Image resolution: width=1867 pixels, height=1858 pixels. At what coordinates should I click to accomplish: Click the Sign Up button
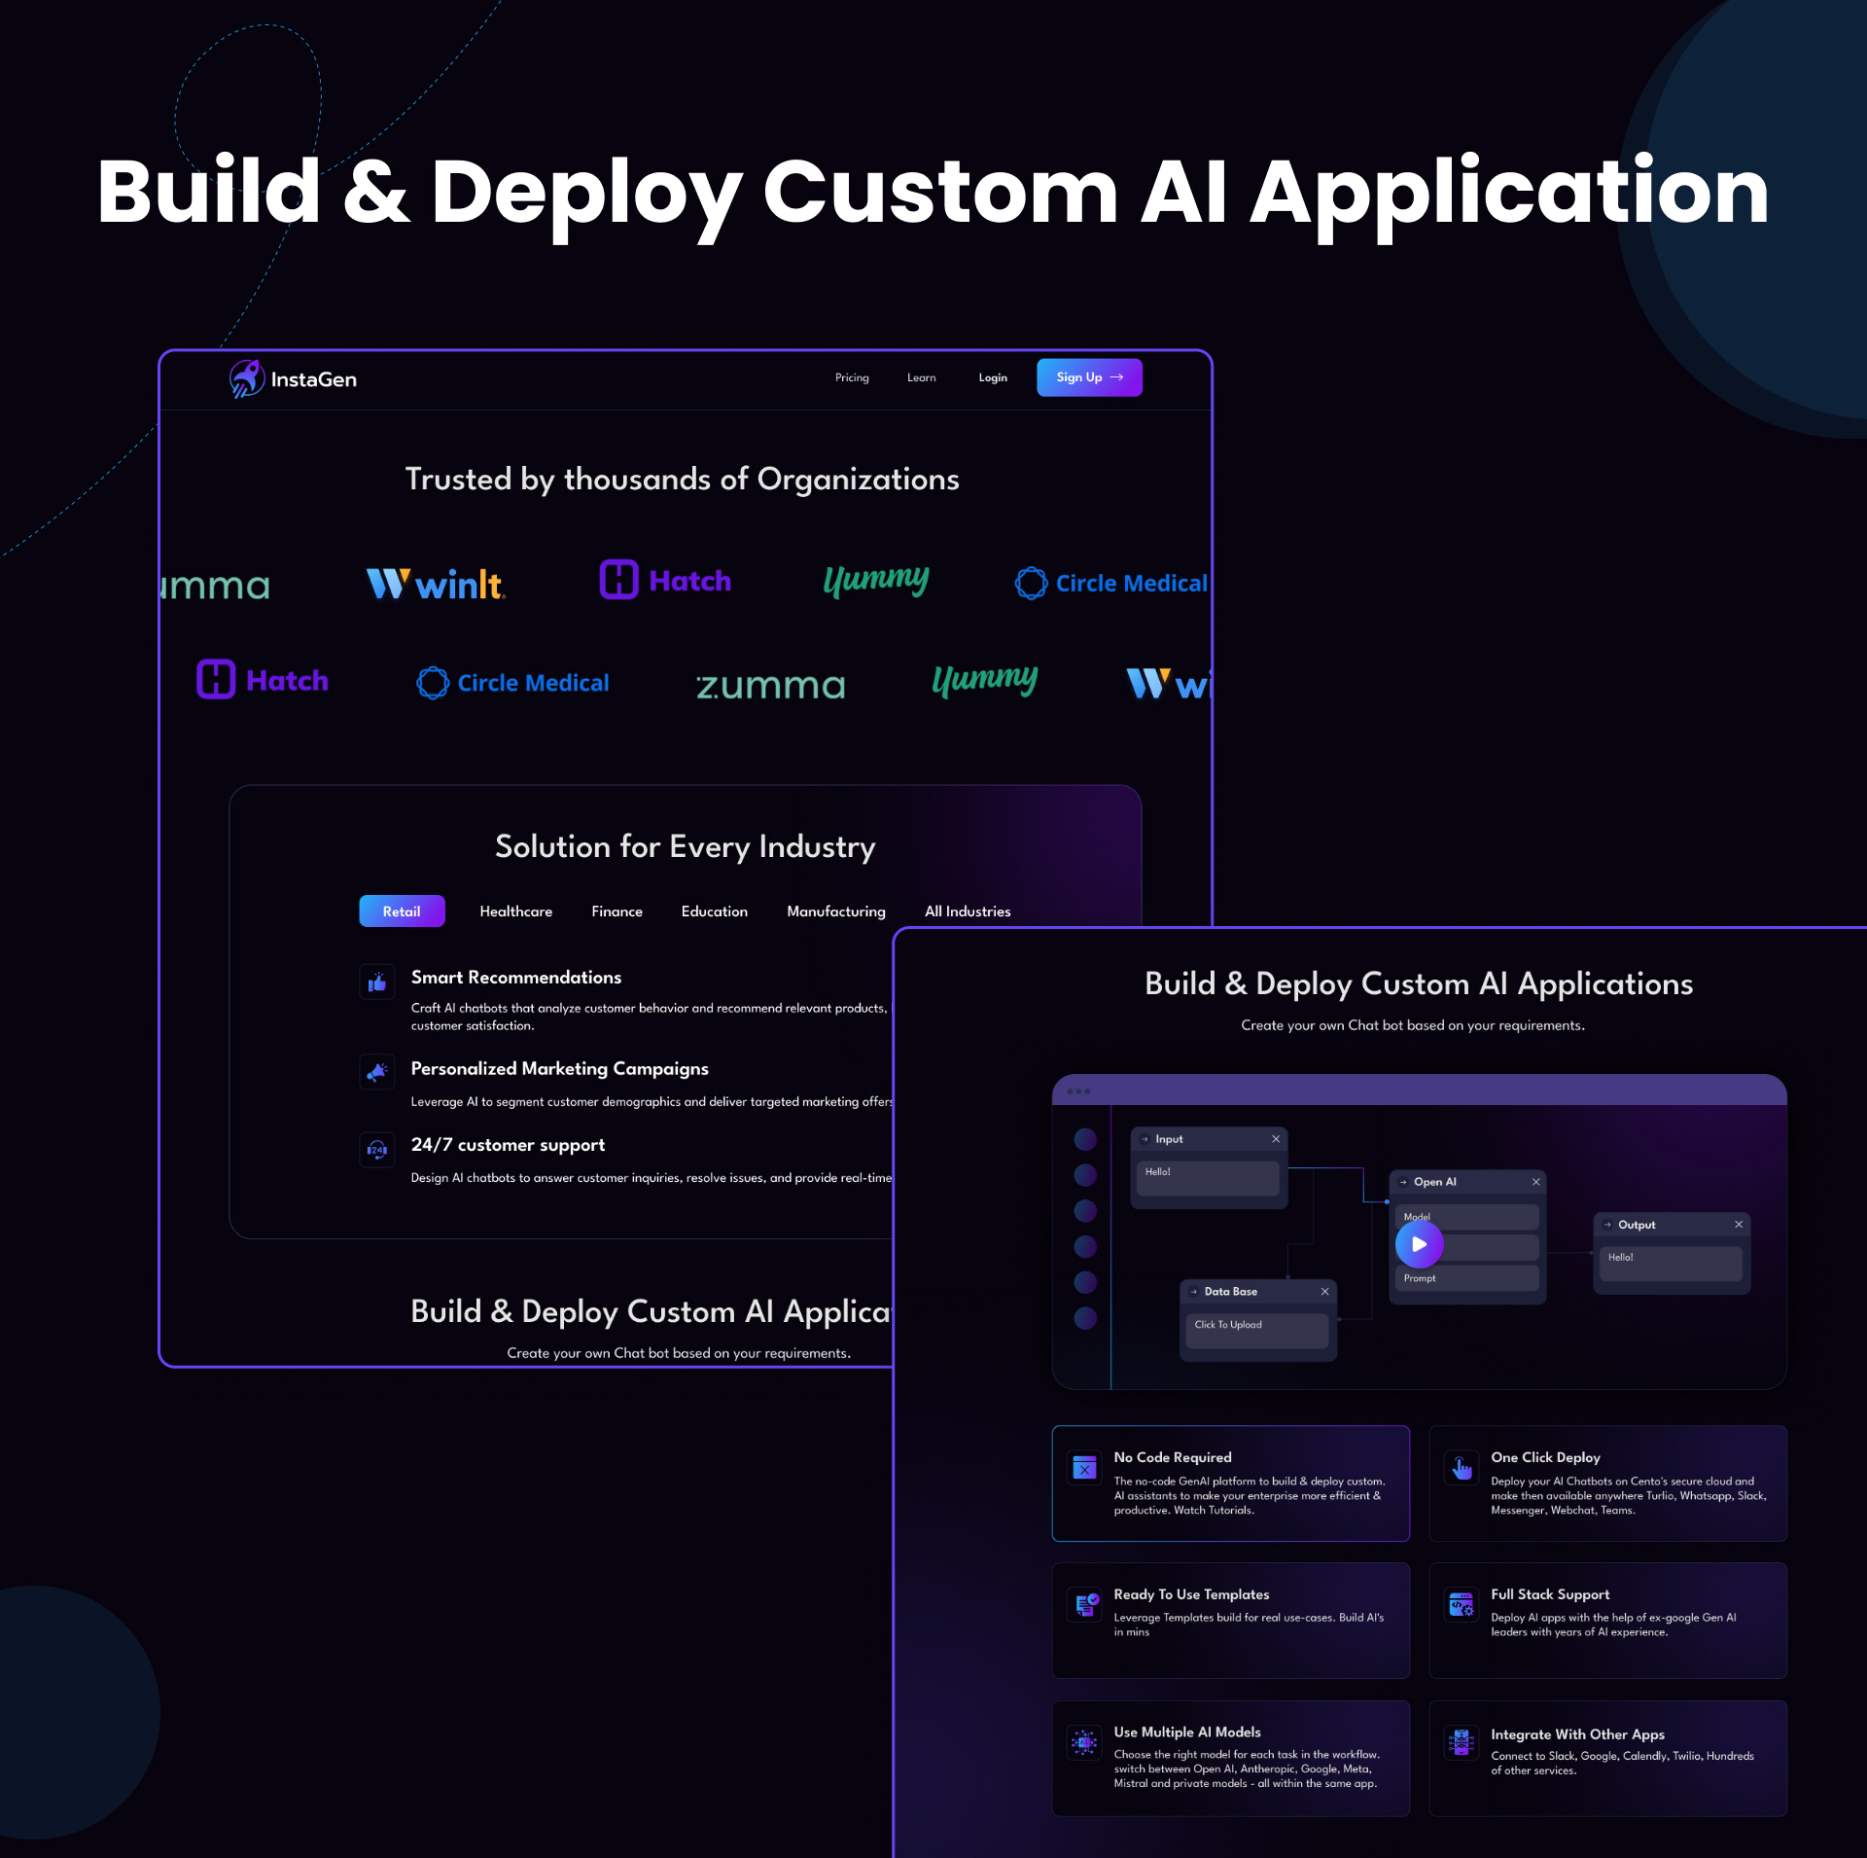coord(1088,377)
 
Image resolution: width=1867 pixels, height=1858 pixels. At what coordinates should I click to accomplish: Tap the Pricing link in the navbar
coord(851,377)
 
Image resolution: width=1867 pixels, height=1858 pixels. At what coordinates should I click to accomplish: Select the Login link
coord(992,377)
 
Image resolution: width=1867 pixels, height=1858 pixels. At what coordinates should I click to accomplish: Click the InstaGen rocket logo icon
coord(246,378)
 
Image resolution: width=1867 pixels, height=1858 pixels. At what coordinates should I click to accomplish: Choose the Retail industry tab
coord(402,911)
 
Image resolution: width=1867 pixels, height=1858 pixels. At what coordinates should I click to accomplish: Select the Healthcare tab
coord(515,911)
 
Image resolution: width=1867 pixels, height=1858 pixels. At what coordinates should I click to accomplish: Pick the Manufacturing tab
coord(835,911)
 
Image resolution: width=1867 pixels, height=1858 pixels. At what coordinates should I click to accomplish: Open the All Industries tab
coord(967,911)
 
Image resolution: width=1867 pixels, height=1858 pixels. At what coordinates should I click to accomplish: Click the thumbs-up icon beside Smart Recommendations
coord(377,983)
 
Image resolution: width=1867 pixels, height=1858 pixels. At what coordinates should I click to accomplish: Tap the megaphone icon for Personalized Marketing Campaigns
coord(377,1072)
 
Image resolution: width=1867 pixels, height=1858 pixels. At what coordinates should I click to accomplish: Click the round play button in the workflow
coord(1419,1244)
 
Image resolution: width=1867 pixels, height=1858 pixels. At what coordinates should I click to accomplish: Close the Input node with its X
coord(1276,1139)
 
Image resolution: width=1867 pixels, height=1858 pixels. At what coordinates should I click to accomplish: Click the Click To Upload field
coord(1254,1329)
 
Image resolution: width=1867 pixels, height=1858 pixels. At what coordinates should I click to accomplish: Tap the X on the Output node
coord(1739,1225)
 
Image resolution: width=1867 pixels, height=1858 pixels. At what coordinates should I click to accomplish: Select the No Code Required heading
coord(1172,1457)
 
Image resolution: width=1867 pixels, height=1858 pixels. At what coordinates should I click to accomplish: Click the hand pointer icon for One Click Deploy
coord(1462,1468)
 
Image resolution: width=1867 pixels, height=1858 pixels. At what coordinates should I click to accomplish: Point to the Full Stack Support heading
coord(1550,1594)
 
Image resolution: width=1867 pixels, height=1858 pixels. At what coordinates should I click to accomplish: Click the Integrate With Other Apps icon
coord(1462,1742)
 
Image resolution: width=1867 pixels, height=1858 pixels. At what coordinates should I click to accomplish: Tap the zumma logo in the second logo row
coord(770,686)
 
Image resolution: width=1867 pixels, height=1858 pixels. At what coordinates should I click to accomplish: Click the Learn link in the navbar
coord(921,377)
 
